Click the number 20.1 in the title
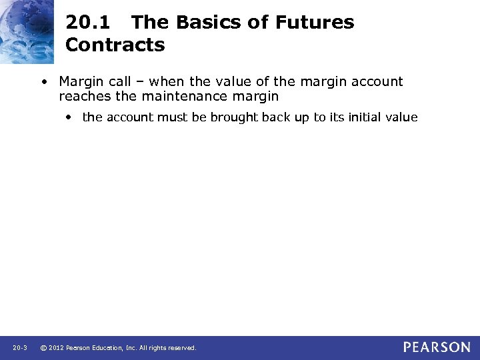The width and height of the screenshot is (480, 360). tap(87, 23)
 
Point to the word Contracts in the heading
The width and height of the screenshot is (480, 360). tap(115, 45)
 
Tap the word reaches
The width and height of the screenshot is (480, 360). tap(83, 97)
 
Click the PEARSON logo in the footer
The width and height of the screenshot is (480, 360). tap(436, 347)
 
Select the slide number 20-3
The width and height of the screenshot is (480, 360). tap(19, 348)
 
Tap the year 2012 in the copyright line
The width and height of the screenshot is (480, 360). tap(57, 348)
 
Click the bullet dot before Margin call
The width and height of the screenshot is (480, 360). tap(43, 83)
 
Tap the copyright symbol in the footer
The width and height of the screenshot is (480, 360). tap(43, 348)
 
